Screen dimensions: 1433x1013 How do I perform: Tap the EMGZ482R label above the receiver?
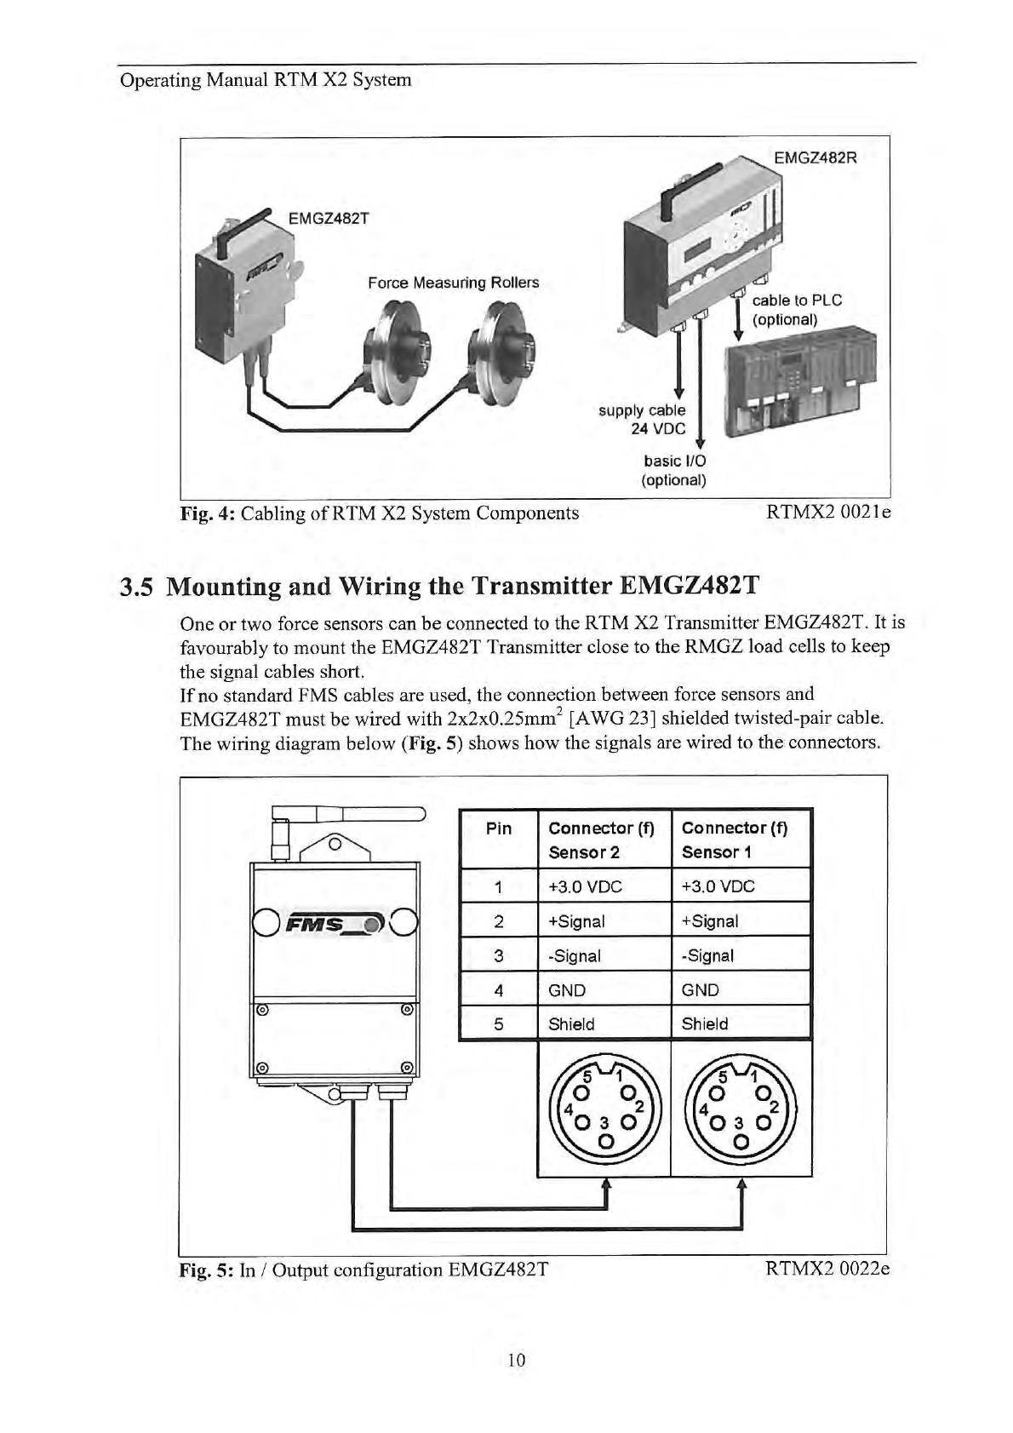(815, 158)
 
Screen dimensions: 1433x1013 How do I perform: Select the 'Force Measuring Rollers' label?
(453, 283)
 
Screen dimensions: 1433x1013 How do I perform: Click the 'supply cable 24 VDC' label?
(643, 419)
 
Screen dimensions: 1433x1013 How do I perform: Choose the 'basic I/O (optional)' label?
(674, 470)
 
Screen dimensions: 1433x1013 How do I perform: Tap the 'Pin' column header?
(499, 828)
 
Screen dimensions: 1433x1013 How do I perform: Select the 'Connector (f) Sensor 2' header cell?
(601, 840)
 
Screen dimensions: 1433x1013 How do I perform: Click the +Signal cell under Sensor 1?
(710, 921)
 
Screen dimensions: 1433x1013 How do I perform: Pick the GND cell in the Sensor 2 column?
(568, 990)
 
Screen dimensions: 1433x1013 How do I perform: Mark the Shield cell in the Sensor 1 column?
(705, 1024)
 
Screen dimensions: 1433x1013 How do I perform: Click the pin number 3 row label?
(499, 956)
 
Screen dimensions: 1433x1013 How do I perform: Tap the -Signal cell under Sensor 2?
(575, 956)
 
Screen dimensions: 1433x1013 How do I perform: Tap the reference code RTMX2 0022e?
(827, 1270)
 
